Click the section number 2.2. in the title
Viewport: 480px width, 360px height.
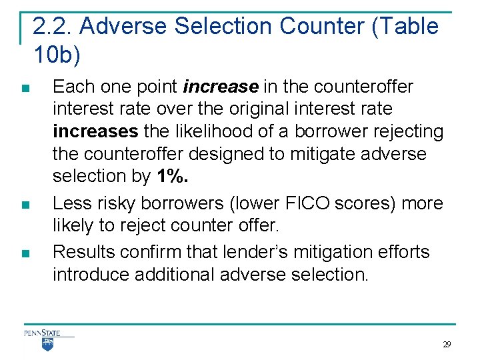53,27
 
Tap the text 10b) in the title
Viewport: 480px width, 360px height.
56,55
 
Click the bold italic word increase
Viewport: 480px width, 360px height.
221,87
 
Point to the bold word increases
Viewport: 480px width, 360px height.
95,131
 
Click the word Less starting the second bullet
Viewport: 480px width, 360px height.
71,203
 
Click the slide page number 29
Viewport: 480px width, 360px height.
447,345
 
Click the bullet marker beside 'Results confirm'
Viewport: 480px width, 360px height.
25,253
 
